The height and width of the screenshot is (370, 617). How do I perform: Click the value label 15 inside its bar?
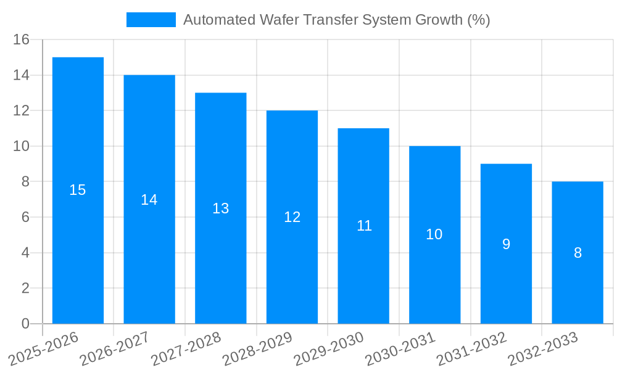tap(78, 190)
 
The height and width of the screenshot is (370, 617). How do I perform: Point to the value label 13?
tap(221, 208)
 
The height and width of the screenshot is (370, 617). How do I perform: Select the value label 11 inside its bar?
tap(364, 226)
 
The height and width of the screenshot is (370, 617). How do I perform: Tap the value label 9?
tap(506, 244)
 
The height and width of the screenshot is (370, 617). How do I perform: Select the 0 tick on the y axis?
tap(25, 324)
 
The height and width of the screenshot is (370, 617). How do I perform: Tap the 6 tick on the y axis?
tap(25, 217)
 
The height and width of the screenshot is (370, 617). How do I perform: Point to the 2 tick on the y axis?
tap(25, 288)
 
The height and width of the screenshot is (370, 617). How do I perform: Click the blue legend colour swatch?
tap(151, 20)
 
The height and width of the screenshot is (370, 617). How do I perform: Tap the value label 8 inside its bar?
tap(578, 253)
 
